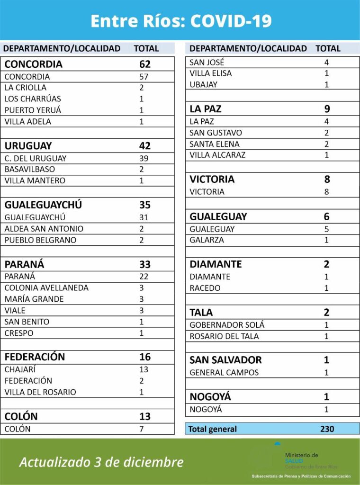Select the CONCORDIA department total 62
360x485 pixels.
click(x=144, y=64)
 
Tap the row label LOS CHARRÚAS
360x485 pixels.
click(x=33, y=99)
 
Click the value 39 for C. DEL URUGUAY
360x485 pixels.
click(x=144, y=158)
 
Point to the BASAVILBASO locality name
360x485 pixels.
click(x=30, y=169)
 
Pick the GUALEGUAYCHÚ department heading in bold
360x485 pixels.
click(x=43, y=205)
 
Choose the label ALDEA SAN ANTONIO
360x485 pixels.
click(x=44, y=229)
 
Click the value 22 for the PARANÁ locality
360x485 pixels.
click(x=144, y=277)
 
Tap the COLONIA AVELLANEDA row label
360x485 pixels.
click(x=46, y=288)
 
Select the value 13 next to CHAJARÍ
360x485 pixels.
click(x=144, y=369)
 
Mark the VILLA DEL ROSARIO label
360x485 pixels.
click(x=40, y=392)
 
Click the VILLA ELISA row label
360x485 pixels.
click(x=211, y=73)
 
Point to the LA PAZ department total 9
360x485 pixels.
click(x=327, y=109)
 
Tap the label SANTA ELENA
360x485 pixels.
click(x=215, y=144)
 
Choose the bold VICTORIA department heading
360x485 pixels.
click(x=212, y=180)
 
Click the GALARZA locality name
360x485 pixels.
click(x=207, y=240)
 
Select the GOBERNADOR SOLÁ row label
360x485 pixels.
click(x=227, y=325)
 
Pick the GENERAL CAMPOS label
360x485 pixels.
click(x=224, y=372)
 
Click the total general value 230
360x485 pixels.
click(x=327, y=429)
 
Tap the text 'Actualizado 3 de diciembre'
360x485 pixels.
click(x=101, y=462)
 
